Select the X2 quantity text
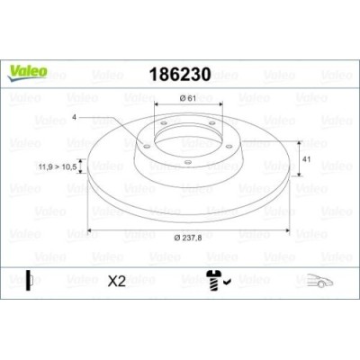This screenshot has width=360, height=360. click(x=116, y=281)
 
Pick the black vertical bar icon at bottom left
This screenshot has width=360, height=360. click(x=29, y=280)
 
